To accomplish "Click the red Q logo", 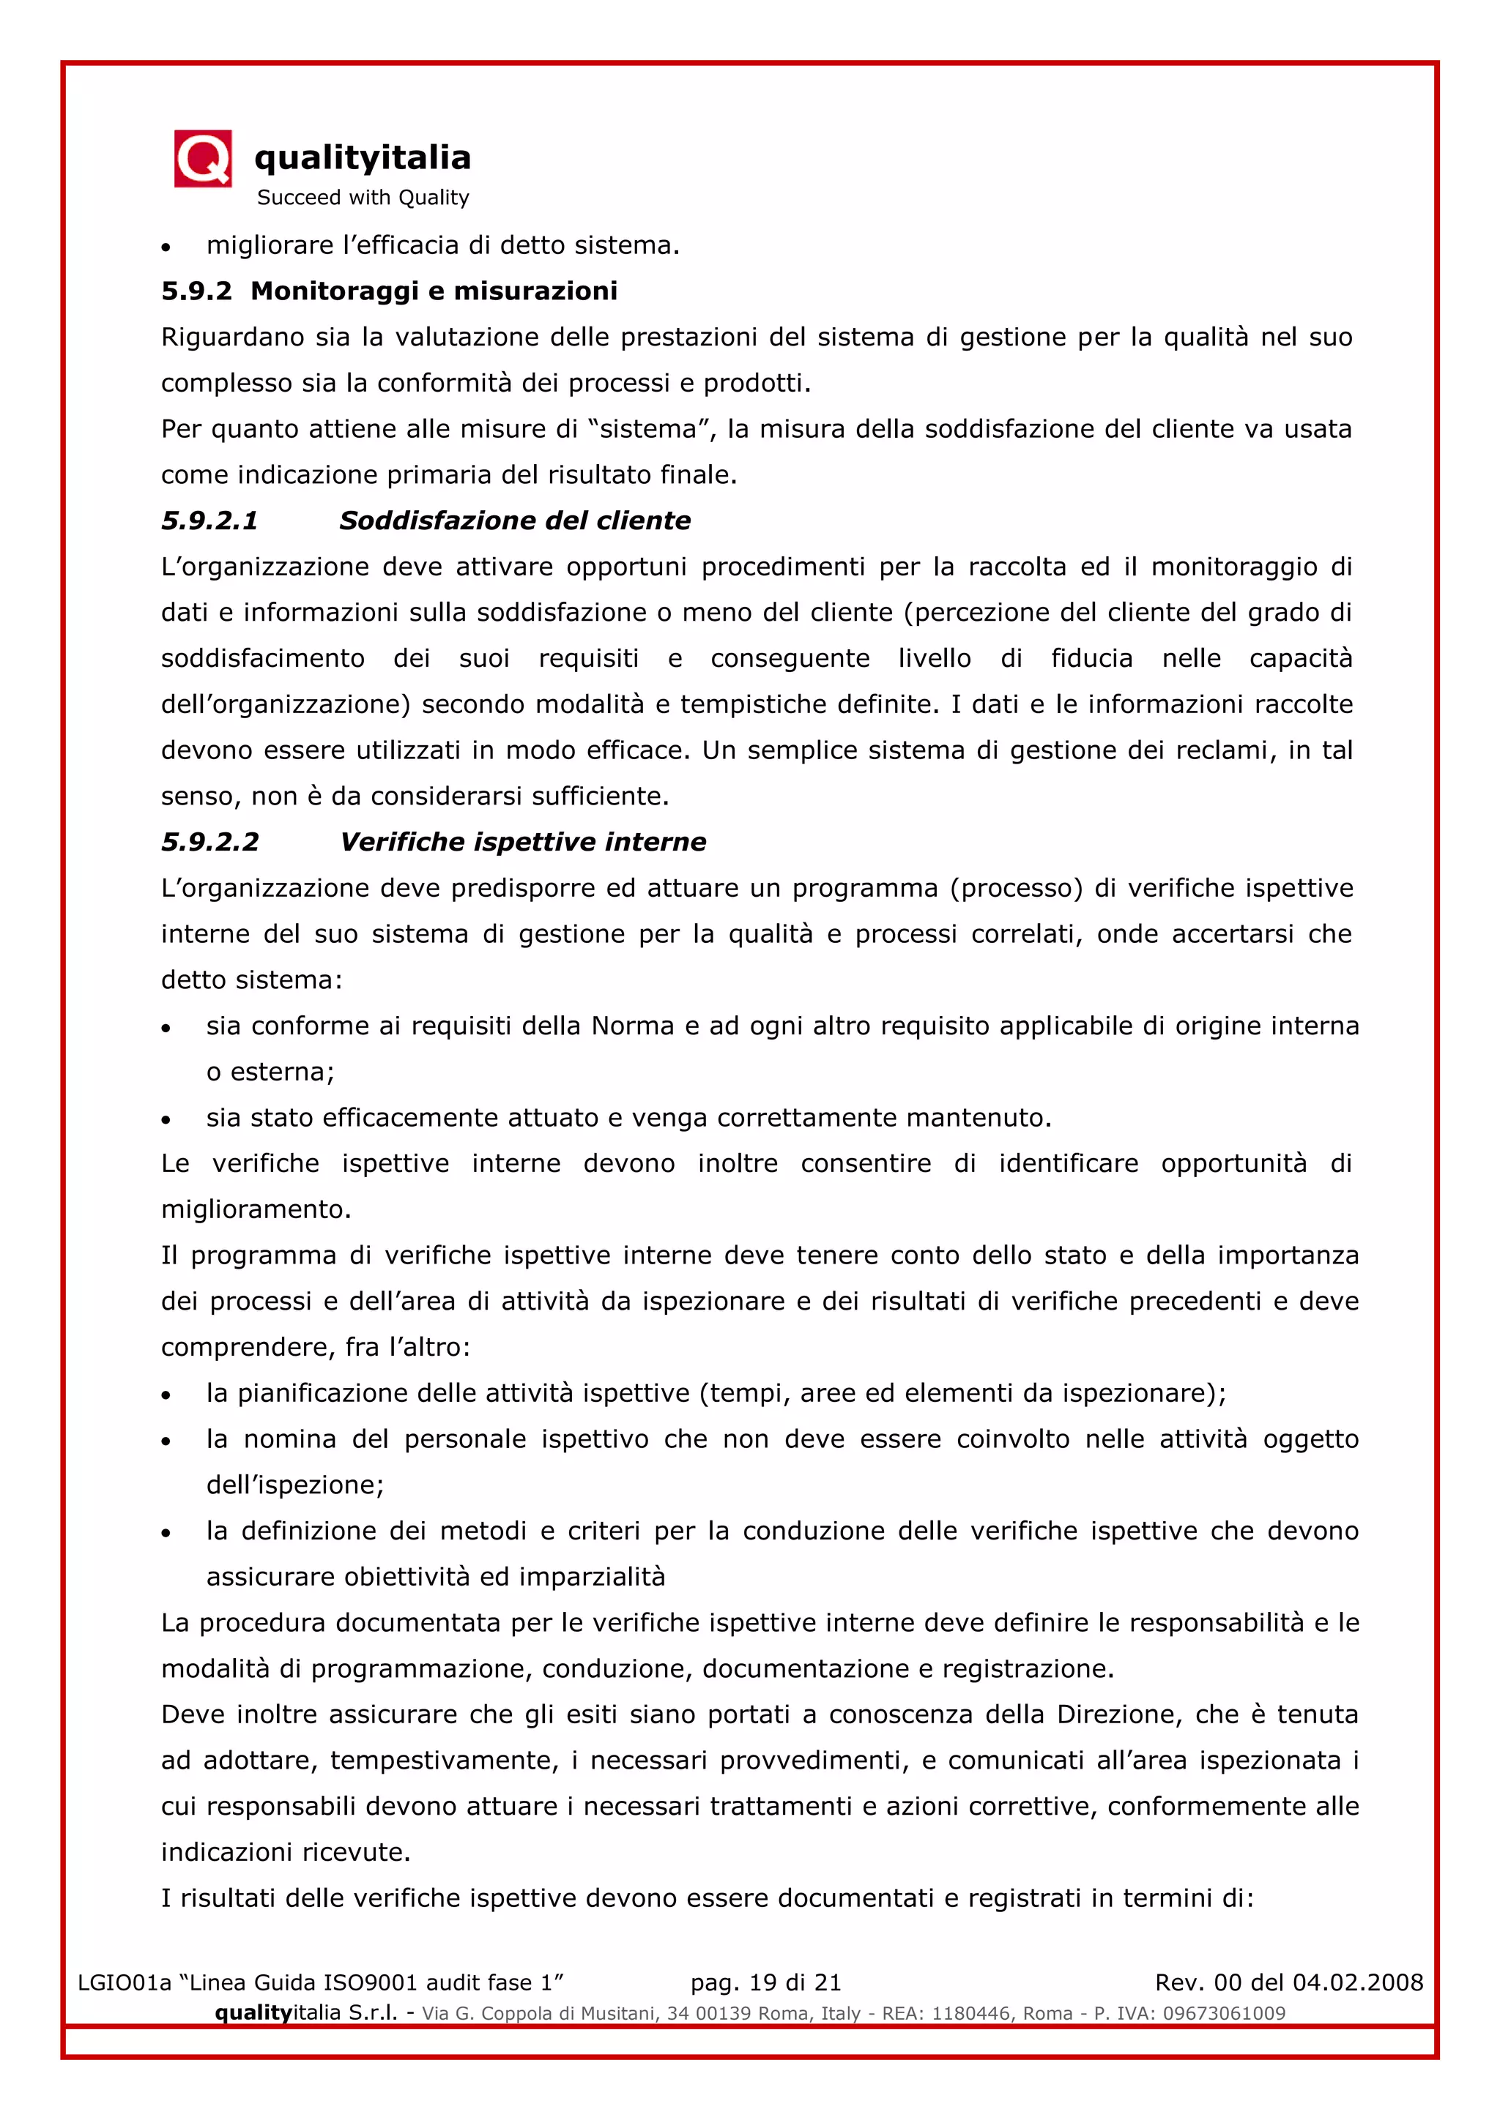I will [202, 159].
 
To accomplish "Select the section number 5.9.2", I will [196, 291].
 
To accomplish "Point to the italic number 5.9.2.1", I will [209, 520].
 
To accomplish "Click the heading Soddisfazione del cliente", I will [514, 520].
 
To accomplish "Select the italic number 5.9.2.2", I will [209, 842].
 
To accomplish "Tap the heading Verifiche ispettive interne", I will [523, 842].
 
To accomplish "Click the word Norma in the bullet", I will [632, 1026].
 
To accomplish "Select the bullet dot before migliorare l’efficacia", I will [166, 247].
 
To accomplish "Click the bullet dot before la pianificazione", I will [166, 1395].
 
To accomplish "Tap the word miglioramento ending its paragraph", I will [254, 1209].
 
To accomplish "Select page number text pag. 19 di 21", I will [765, 1982].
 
